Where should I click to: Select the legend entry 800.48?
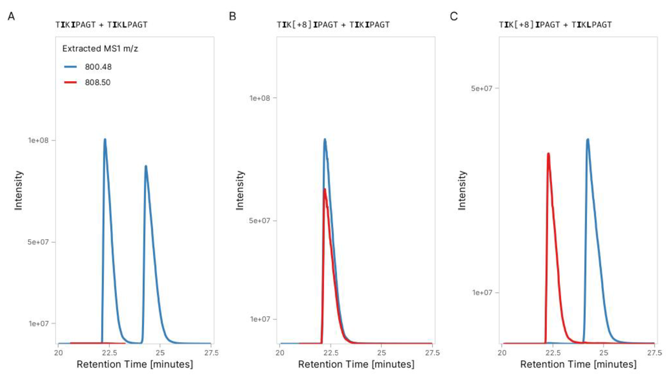[98, 67]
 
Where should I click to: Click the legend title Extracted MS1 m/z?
[100, 49]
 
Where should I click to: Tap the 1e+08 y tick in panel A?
[39, 140]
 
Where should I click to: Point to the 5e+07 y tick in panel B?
[259, 221]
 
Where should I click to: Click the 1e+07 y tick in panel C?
[482, 292]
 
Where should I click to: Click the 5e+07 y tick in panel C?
[481, 88]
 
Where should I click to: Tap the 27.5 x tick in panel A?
[211, 353]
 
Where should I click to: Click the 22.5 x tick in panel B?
[331, 353]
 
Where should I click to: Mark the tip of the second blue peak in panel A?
[146, 166]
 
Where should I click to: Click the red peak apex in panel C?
[548, 154]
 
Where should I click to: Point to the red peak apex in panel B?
[324, 189]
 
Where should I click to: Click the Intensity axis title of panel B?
[240, 190]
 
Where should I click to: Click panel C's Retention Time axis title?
[578, 364]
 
